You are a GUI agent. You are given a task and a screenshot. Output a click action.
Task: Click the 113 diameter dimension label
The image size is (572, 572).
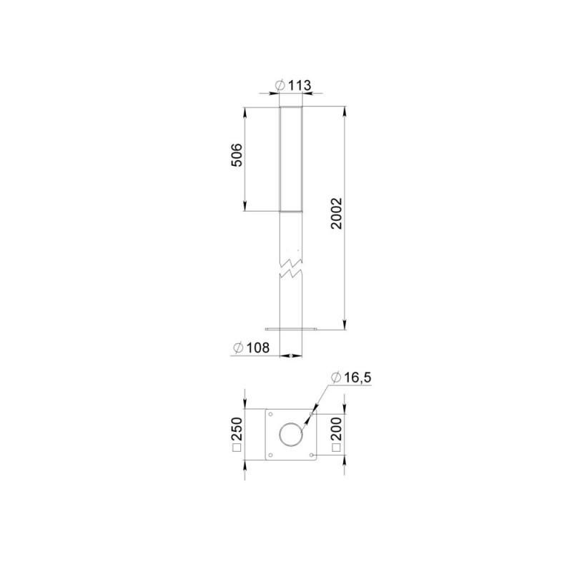coord(294,85)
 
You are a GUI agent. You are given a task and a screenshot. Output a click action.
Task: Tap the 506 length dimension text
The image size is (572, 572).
coord(237,155)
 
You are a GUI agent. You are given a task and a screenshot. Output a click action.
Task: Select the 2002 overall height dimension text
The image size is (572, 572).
coord(336,213)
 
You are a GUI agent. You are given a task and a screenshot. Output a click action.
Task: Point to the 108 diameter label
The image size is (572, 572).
coord(252,347)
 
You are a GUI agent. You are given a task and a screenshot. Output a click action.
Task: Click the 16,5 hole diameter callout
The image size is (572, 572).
coord(351,378)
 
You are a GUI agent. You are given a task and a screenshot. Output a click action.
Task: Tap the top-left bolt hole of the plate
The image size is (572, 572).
coord(270,414)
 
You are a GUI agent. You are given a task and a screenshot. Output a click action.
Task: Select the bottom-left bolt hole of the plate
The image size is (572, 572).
coord(270,455)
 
